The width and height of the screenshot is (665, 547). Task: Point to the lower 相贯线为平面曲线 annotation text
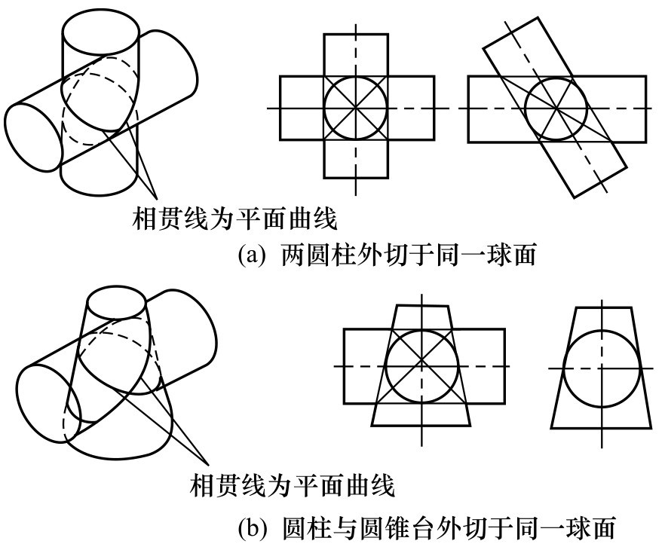tap(291, 484)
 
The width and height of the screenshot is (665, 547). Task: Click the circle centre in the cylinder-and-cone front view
tap(421, 367)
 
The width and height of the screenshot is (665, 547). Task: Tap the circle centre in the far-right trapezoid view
tap(602, 368)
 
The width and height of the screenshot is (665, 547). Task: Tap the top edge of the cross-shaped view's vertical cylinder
tap(356, 34)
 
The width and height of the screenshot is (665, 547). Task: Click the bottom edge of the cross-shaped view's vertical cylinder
tap(356, 178)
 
